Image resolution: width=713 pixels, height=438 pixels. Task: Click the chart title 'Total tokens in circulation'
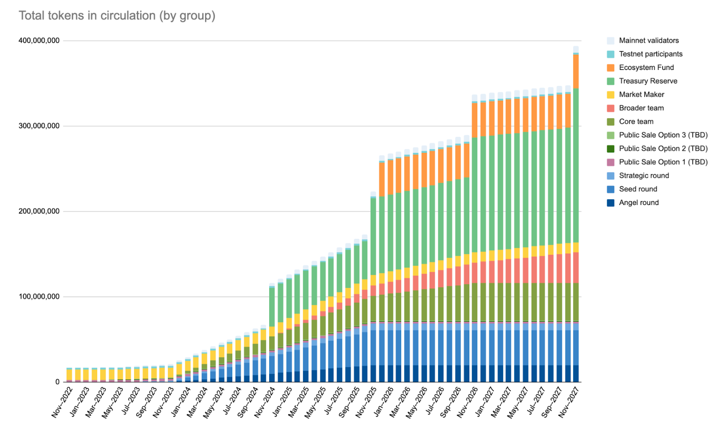point(117,16)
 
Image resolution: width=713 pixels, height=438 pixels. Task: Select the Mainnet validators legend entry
point(648,41)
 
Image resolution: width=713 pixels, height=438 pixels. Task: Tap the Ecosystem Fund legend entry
point(646,68)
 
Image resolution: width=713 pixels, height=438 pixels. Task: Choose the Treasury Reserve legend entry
point(648,81)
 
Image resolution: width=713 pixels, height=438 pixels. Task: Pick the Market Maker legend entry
point(641,94)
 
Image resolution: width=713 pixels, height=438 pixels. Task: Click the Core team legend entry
point(636,122)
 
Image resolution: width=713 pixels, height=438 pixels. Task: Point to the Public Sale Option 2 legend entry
point(663,149)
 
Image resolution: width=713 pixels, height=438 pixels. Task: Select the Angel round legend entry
point(639,203)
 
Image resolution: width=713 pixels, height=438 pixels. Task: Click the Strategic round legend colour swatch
point(611,176)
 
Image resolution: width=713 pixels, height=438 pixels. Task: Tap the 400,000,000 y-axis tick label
point(39,41)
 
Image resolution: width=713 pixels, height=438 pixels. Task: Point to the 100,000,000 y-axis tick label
point(39,297)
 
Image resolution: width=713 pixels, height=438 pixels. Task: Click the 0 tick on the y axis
point(57,382)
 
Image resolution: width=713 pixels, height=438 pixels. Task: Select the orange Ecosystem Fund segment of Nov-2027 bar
point(576,71)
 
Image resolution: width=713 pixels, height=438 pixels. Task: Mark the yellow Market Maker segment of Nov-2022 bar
point(70,374)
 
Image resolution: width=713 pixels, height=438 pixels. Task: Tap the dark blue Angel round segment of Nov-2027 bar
point(576,373)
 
